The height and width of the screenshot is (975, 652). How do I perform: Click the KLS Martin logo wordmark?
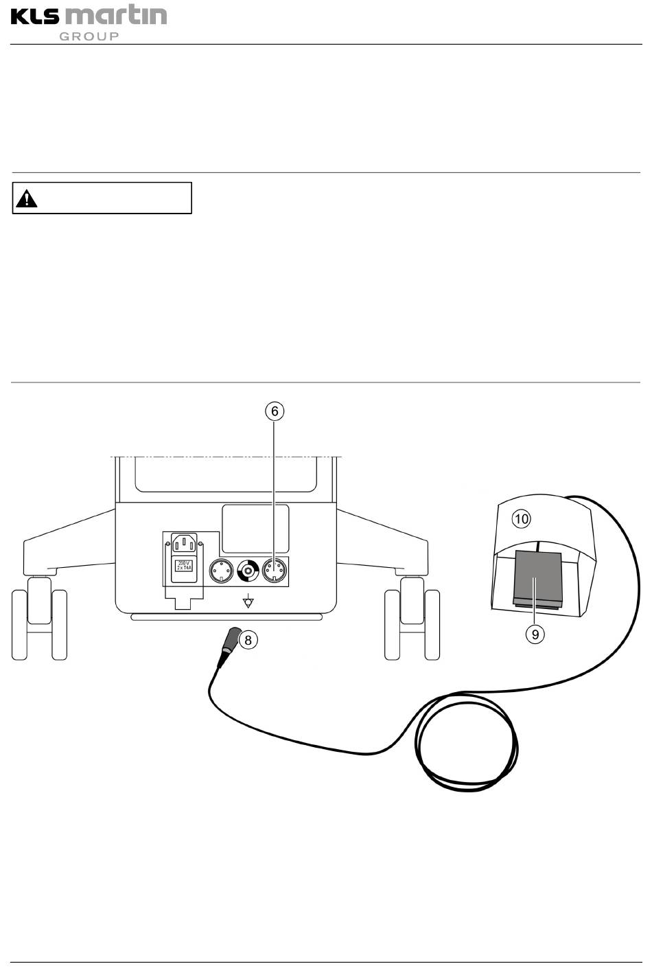point(89,16)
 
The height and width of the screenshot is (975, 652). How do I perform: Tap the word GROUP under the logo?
point(89,36)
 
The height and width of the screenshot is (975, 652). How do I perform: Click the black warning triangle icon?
point(27,199)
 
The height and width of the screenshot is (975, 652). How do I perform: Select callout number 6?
point(274,411)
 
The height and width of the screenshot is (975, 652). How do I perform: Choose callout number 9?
point(535,634)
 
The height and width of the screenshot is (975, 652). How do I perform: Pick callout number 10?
point(522,518)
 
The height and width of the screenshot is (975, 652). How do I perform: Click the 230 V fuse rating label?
point(184,566)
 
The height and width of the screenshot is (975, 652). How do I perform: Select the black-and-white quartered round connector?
point(248,570)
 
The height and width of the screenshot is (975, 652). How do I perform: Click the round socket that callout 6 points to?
point(274,570)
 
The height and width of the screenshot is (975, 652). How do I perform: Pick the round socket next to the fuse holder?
point(221,570)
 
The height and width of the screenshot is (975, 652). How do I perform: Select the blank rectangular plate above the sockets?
point(255,529)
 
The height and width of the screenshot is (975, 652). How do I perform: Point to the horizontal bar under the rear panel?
point(226,617)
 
